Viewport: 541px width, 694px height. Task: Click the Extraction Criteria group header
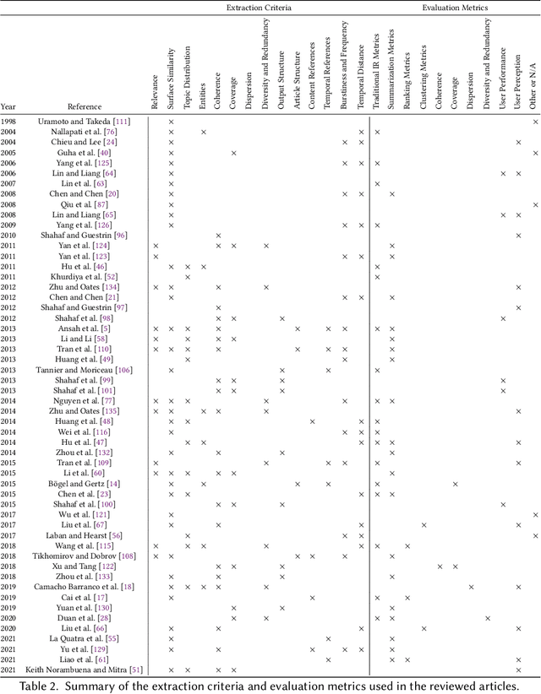(258, 8)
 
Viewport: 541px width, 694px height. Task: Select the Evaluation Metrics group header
(454, 8)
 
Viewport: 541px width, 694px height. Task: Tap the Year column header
(8, 107)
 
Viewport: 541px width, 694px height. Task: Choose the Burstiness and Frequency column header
(345, 68)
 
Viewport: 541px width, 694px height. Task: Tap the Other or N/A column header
(535, 84)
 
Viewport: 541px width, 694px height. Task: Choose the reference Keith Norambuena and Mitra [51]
(85, 670)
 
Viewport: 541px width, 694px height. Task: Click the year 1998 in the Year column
(8, 122)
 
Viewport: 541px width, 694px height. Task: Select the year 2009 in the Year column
(8, 225)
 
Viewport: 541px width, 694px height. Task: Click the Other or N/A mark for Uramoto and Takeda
(535, 122)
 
